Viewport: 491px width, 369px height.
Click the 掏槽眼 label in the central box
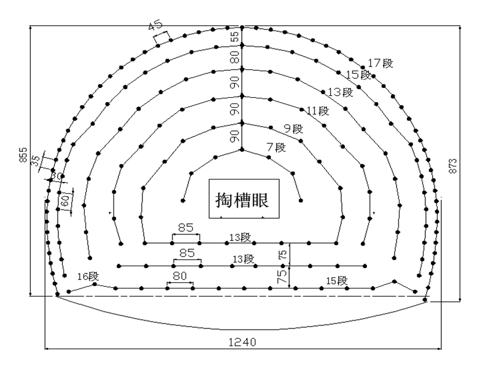click(242, 200)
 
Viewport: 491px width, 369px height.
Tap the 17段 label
click(380, 63)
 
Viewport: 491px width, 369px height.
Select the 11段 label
click(318, 111)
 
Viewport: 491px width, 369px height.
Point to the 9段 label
click(294, 129)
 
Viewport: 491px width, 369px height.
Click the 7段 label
click(276, 147)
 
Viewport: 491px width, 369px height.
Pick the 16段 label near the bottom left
click(88, 276)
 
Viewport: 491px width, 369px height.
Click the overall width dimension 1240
click(242, 342)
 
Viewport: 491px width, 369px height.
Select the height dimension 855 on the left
click(23, 155)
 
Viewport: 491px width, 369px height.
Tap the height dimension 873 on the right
click(453, 166)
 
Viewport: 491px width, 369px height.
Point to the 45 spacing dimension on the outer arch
click(155, 25)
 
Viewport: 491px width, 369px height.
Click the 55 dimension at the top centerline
click(234, 36)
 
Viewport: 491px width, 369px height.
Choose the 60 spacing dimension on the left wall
click(65, 200)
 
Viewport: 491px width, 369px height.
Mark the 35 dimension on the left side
click(36, 161)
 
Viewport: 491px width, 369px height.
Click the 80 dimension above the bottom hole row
click(180, 276)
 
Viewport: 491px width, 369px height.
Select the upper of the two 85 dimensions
click(186, 228)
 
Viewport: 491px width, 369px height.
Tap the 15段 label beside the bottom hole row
click(337, 280)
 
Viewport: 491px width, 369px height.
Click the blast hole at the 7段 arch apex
click(242, 150)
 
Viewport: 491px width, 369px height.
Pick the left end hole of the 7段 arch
click(183, 200)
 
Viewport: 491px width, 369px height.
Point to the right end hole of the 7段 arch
click(301, 200)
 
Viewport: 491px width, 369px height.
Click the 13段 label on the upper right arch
click(341, 92)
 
